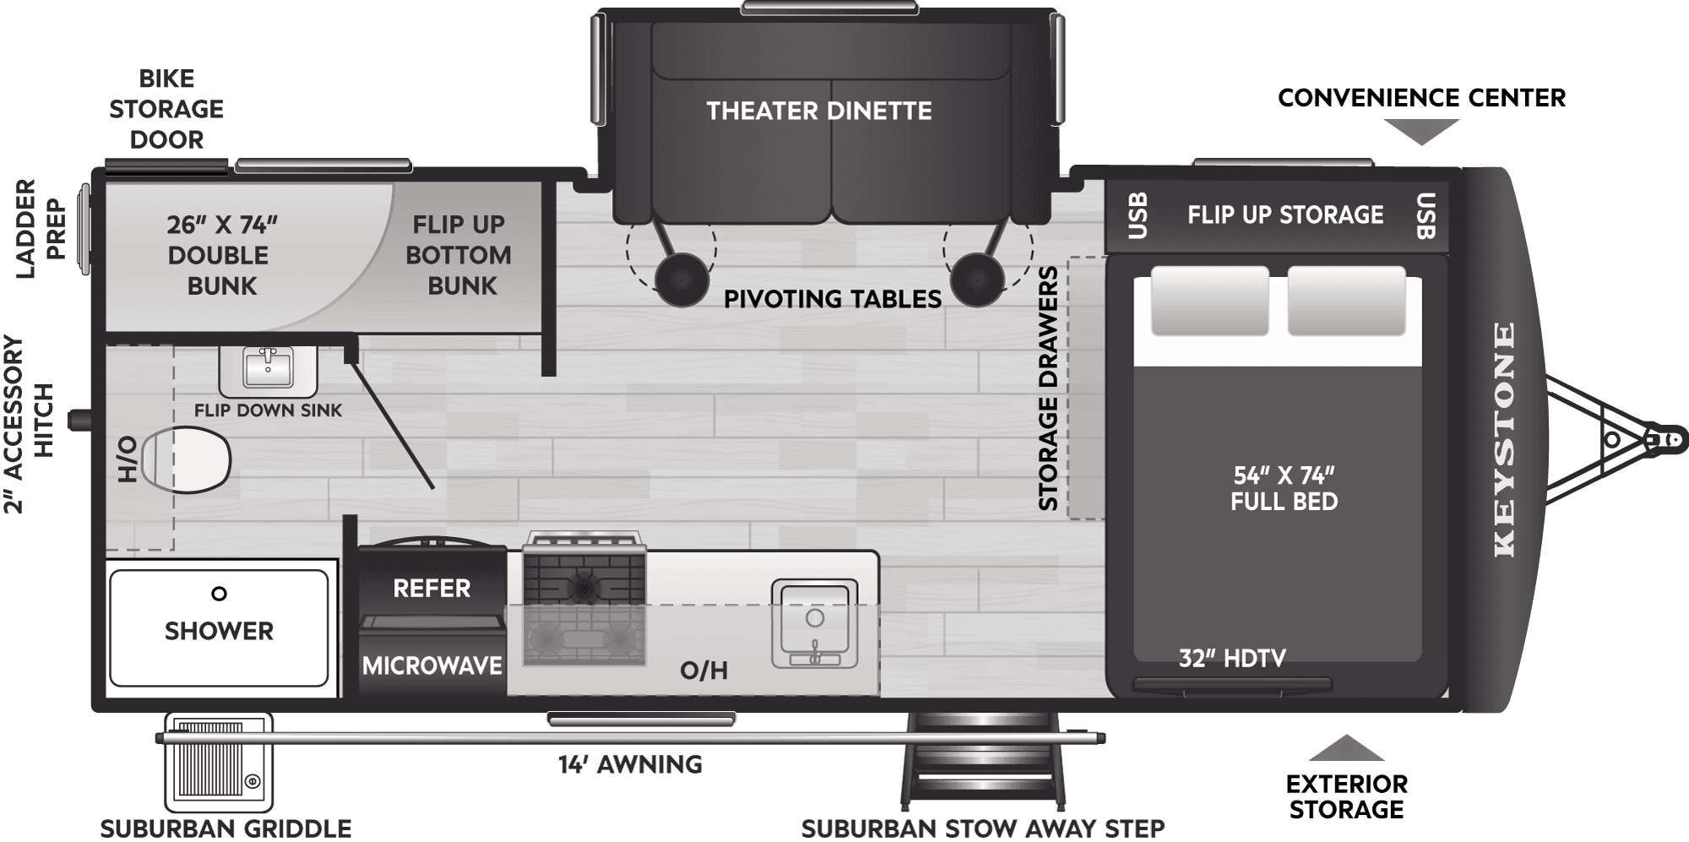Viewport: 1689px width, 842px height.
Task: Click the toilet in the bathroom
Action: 187,459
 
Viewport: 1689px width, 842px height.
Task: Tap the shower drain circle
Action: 219,594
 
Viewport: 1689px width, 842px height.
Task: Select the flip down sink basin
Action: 268,368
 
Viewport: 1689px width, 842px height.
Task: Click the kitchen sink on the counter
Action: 814,623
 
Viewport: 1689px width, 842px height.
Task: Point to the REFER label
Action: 432,588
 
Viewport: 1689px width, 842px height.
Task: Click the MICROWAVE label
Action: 432,665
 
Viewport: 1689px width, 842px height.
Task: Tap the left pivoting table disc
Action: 681,280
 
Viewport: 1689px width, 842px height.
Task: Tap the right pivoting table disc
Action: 977,280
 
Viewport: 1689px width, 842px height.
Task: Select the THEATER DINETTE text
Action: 818,111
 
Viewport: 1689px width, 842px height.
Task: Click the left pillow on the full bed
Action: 1209,301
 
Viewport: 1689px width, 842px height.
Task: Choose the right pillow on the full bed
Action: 1346,301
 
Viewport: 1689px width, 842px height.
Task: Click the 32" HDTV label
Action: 1232,658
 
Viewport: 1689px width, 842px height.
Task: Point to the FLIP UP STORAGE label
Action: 1285,215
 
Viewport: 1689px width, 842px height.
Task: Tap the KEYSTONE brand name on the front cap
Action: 1504,439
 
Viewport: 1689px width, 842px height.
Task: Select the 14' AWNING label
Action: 630,764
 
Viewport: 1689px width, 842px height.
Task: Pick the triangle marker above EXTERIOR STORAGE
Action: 1345,749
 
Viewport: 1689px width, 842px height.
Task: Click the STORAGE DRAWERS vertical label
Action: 1048,388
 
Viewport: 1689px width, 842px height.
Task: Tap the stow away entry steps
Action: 982,760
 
